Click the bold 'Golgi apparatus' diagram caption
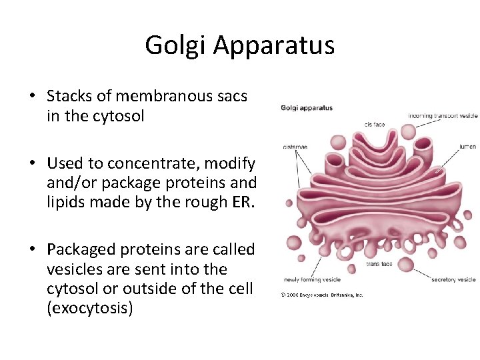[x=307, y=108]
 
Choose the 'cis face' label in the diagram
[x=375, y=124]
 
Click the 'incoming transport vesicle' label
[x=443, y=116]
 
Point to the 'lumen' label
[x=467, y=146]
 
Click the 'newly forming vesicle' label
[x=312, y=280]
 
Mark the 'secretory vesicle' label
[x=453, y=280]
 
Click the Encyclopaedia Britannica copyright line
[x=322, y=294]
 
